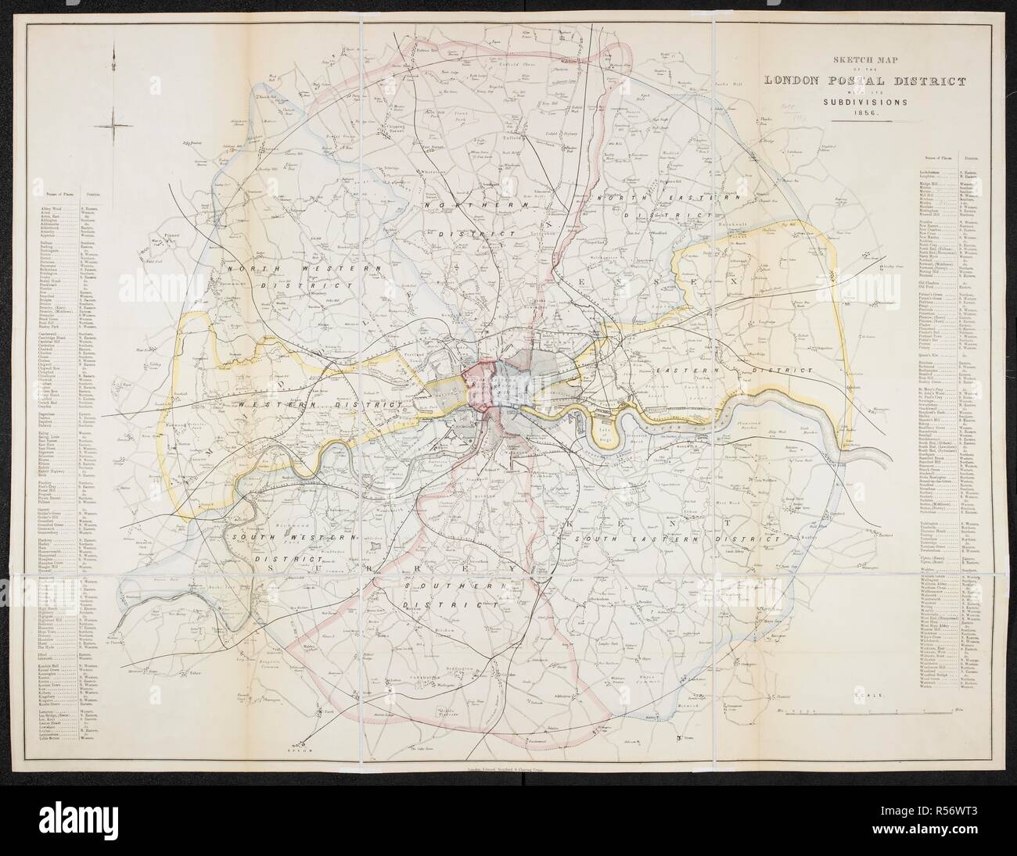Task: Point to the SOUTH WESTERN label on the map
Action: coord(290,539)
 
